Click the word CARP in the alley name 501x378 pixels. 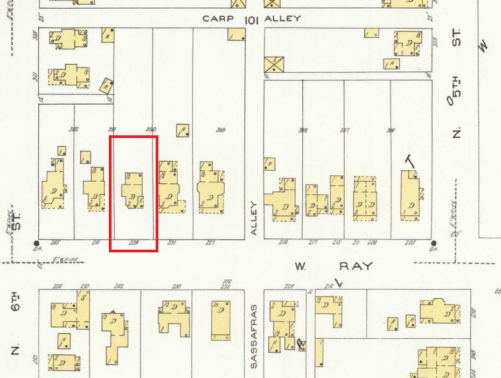click(x=219, y=19)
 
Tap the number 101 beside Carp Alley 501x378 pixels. click(x=252, y=20)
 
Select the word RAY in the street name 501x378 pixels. click(x=356, y=266)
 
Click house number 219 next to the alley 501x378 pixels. click(x=283, y=242)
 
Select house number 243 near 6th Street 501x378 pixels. click(x=54, y=242)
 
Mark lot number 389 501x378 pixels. click(x=220, y=130)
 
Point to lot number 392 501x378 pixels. click(x=74, y=129)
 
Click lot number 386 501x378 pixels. click(x=391, y=130)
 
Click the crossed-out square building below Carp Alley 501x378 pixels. click(x=274, y=65)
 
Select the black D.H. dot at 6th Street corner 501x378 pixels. click(x=37, y=243)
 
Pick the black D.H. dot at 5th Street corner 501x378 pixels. click(x=433, y=243)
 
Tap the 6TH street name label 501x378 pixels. click(x=16, y=301)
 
